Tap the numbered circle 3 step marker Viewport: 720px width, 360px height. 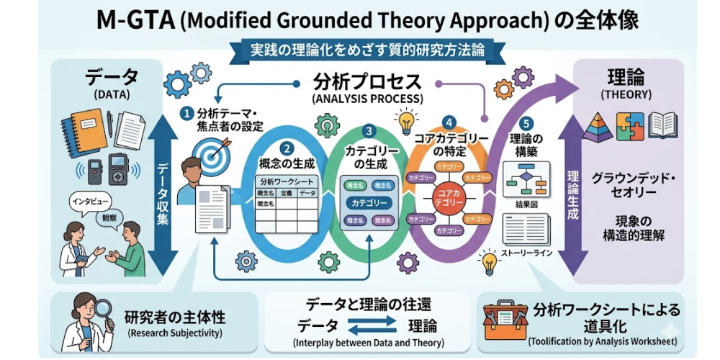pos(369,131)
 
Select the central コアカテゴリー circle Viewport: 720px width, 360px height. pos(449,195)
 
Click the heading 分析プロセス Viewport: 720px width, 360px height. pos(367,81)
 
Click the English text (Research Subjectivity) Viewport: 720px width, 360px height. pos(174,334)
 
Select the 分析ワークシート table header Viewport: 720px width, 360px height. pos(287,182)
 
